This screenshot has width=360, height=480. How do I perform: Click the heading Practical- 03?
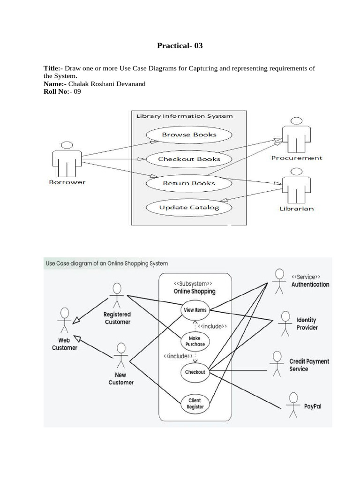tap(180, 46)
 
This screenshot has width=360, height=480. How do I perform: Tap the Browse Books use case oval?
tap(189, 135)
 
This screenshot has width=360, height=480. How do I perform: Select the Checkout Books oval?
tap(189, 159)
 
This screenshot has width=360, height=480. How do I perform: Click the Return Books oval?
tap(189, 183)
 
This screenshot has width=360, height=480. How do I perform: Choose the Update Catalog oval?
tap(189, 207)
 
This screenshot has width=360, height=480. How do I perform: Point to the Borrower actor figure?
tap(67, 158)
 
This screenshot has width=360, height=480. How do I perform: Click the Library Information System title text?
tap(184, 116)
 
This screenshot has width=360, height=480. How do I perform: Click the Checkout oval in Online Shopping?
tap(195, 372)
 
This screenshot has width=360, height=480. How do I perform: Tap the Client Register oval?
tap(195, 403)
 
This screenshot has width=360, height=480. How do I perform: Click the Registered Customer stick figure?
tap(116, 295)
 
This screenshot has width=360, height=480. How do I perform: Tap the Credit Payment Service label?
tap(309, 365)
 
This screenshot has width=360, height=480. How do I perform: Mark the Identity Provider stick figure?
tap(285, 323)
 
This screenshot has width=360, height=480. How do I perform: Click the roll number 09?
tap(77, 91)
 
